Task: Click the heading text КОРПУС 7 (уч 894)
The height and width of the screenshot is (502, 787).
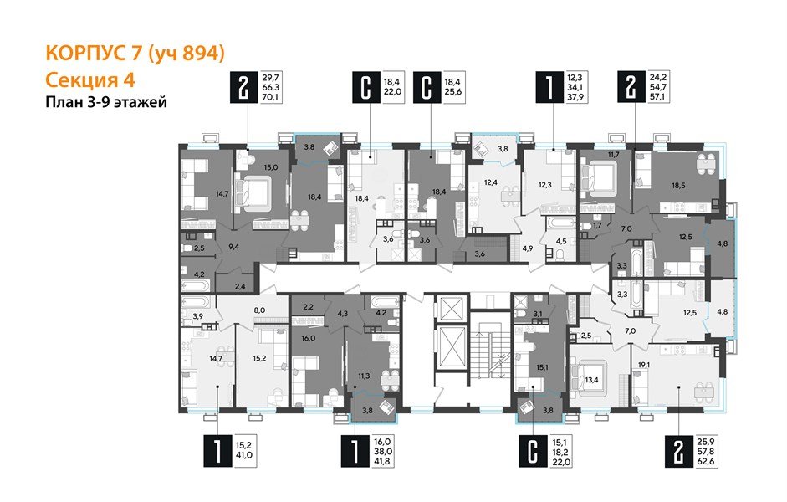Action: (133, 54)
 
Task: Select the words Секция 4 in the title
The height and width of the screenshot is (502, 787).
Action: (87, 79)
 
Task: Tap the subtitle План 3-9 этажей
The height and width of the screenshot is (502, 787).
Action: (105, 103)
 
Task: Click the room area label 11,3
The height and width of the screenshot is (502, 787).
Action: (363, 376)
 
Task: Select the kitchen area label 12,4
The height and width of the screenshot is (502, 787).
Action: (490, 182)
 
